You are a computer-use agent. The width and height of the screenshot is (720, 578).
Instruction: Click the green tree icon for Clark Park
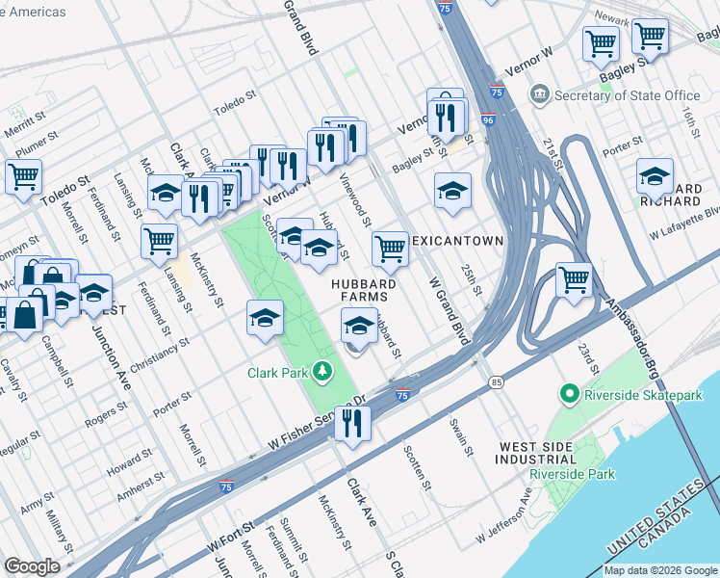[324, 371]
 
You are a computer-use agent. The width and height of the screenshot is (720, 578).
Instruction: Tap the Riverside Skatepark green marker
[569, 393]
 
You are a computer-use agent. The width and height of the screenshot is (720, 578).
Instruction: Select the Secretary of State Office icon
[539, 94]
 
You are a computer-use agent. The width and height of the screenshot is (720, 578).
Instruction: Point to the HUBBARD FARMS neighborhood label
[364, 290]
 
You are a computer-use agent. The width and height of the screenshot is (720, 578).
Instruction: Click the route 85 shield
[496, 382]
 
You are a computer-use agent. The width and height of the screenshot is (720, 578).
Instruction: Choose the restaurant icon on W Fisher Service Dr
[353, 422]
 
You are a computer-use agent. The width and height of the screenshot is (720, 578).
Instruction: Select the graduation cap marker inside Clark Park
[265, 318]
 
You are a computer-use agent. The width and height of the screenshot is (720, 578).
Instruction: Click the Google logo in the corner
[32, 565]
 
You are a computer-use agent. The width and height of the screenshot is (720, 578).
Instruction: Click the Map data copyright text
[660, 569]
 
